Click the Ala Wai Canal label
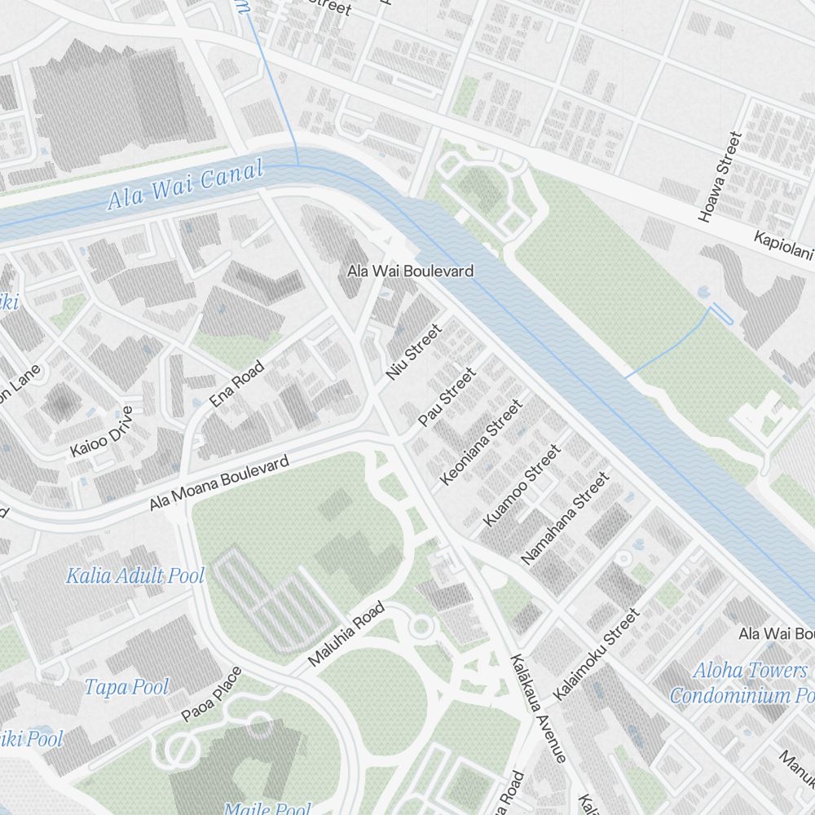pyautogui.click(x=186, y=185)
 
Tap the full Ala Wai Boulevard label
pyautogui.click(x=410, y=271)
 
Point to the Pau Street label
pyautogui.click(x=447, y=397)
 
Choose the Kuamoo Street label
pyautogui.click(x=522, y=485)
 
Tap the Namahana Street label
pyautogui.click(x=565, y=518)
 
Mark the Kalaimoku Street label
pyautogui.click(x=596, y=654)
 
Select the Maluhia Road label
pyautogui.click(x=347, y=634)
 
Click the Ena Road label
pyautogui.click(x=237, y=384)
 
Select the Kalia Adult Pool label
pyautogui.click(x=135, y=576)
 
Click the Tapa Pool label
pyautogui.click(x=126, y=686)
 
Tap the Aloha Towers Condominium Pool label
pyautogui.click(x=742, y=683)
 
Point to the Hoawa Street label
pyautogui.click(x=720, y=177)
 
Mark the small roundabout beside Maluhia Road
pyautogui.click(x=421, y=627)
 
